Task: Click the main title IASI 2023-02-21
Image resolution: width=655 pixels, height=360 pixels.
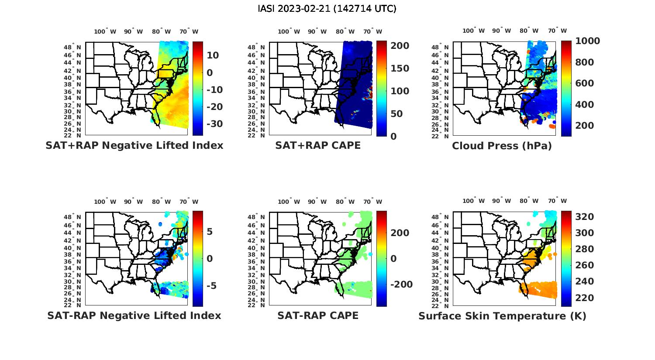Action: [x=327, y=9]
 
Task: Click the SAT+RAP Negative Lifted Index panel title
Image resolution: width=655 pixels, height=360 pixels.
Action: [x=134, y=146]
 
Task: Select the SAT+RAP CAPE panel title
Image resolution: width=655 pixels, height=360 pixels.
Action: [x=318, y=146]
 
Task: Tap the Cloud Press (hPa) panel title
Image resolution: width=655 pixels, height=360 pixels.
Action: [x=502, y=146]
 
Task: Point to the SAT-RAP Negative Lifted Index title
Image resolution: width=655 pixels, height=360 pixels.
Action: [x=134, y=315]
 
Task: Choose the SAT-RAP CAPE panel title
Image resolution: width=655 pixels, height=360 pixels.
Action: [x=318, y=315]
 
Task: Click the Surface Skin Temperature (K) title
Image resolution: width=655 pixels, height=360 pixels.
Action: [x=502, y=315]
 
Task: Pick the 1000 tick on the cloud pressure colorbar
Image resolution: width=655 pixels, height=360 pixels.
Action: [x=587, y=41]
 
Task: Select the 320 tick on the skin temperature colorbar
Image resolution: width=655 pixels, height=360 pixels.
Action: [x=584, y=217]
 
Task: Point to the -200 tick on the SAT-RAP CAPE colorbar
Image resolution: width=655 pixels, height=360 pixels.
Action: [x=400, y=285]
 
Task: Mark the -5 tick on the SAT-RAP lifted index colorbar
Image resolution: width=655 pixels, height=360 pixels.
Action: [x=209, y=286]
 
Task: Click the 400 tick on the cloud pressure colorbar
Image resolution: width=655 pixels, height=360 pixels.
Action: [x=584, y=105]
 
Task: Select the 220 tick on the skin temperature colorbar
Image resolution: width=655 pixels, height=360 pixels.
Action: [x=584, y=298]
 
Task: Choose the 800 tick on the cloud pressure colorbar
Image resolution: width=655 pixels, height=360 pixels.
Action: [x=584, y=62]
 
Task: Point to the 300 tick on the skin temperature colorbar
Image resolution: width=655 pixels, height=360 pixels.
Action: [x=584, y=233]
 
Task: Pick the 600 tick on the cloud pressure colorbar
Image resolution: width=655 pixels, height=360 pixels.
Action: [x=584, y=83]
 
